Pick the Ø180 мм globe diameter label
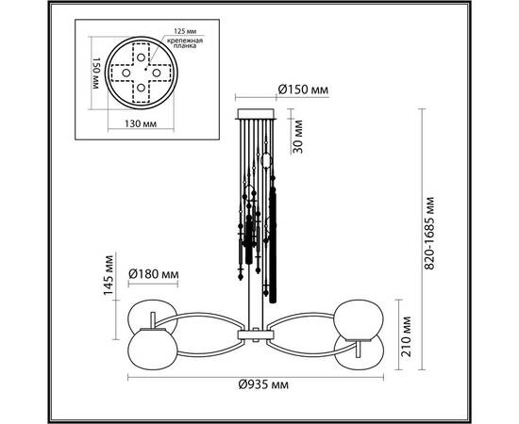click(154, 275)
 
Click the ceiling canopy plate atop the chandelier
click(255, 112)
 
